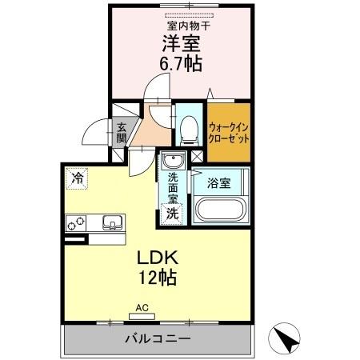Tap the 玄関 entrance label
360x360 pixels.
coord(122,132)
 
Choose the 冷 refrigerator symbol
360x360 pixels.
coord(78,178)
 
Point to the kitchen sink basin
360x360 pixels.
coord(110,222)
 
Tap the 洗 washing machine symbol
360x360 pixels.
coord(172,214)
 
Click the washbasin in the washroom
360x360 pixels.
coord(173,163)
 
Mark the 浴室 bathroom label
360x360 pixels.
coord(219,182)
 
